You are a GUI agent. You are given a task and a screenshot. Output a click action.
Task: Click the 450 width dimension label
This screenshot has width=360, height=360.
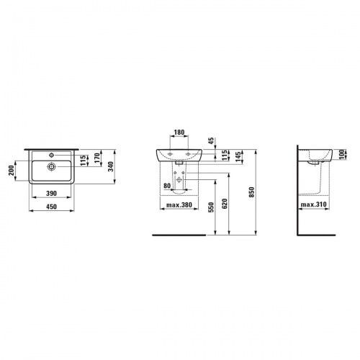click(51, 207)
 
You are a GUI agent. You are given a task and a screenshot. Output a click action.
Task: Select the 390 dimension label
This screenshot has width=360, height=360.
click(51, 193)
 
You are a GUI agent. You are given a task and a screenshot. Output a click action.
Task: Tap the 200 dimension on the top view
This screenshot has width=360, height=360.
click(12, 171)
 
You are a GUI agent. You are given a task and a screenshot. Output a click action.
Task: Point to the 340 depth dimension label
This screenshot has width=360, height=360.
click(110, 166)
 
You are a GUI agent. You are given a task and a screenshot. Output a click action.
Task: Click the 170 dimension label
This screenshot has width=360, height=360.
click(97, 158)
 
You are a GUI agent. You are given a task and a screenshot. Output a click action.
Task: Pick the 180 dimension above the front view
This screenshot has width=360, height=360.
click(179, 132)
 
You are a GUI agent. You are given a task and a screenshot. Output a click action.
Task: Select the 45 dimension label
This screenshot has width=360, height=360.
click(212, 141)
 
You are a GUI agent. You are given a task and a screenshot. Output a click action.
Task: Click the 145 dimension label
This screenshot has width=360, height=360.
click(238, 157)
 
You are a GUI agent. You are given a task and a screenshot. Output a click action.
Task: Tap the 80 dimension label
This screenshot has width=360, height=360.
click(167, 186)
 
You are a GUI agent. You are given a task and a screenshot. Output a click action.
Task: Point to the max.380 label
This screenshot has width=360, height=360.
click(179, 204)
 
